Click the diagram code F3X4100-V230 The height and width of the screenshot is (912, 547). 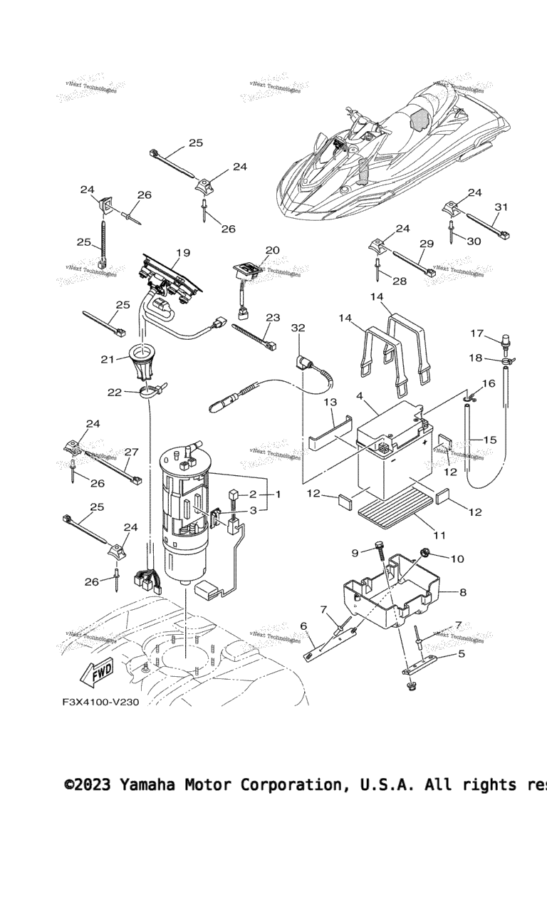coord(100,702)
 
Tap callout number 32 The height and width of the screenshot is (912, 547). coord(298,328)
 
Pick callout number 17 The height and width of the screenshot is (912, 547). coord(476,333)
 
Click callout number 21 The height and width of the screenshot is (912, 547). coord(108,359)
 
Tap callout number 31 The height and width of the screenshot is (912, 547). coord(501,207)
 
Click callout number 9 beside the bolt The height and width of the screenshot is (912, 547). coord(354,552)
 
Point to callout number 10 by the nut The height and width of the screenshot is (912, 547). coord(457,559)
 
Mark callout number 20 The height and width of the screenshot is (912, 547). coord(273,250)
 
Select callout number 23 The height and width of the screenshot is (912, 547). coord(273,318)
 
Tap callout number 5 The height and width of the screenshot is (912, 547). coord(461,653)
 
